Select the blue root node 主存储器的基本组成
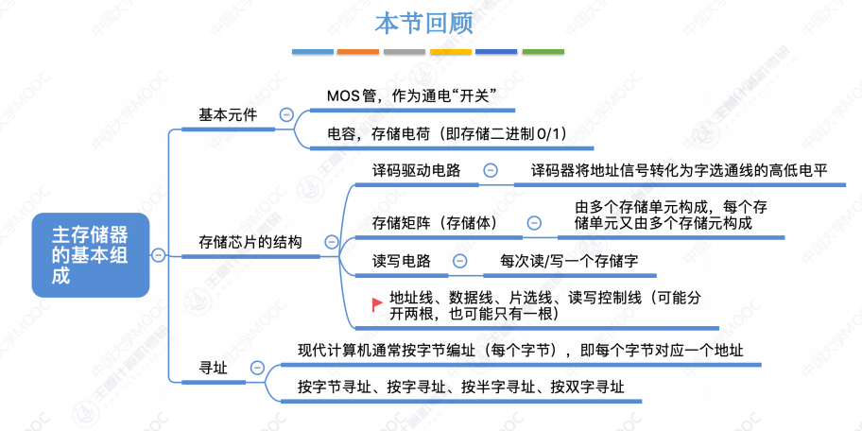point(91,254)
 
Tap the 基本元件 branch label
point(228,114)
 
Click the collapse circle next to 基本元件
point(286,114)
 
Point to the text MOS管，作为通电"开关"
point(411,95)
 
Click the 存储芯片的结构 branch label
point(250,242)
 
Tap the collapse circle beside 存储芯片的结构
point(329,242)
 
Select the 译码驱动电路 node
point(417,170)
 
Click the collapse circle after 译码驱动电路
point(491,170)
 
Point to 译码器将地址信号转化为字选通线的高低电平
point(679,170)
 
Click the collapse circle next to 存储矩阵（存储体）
point(534,223)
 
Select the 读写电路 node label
point(402,261)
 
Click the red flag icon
point(375,302)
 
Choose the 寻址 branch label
point(213,368)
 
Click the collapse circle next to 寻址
point(257,368)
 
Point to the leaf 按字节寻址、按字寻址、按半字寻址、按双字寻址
point(460,387)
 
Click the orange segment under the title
point(357,52)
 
